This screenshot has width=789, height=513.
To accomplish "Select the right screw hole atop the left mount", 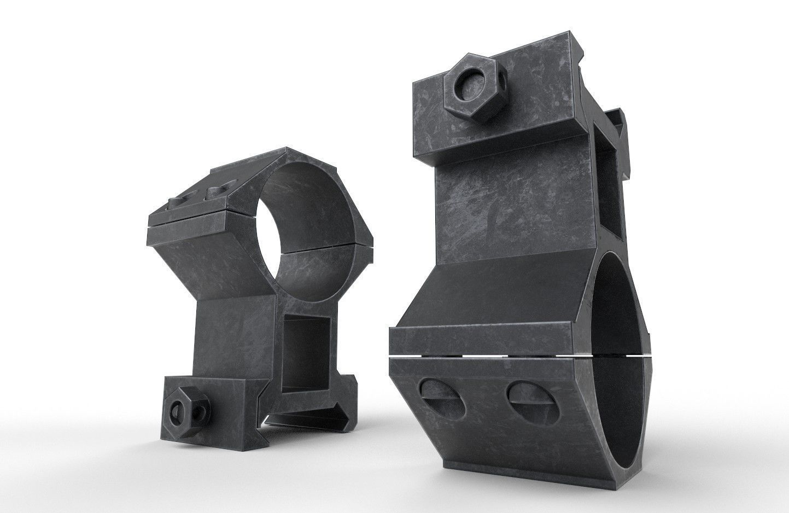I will point(214,192).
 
